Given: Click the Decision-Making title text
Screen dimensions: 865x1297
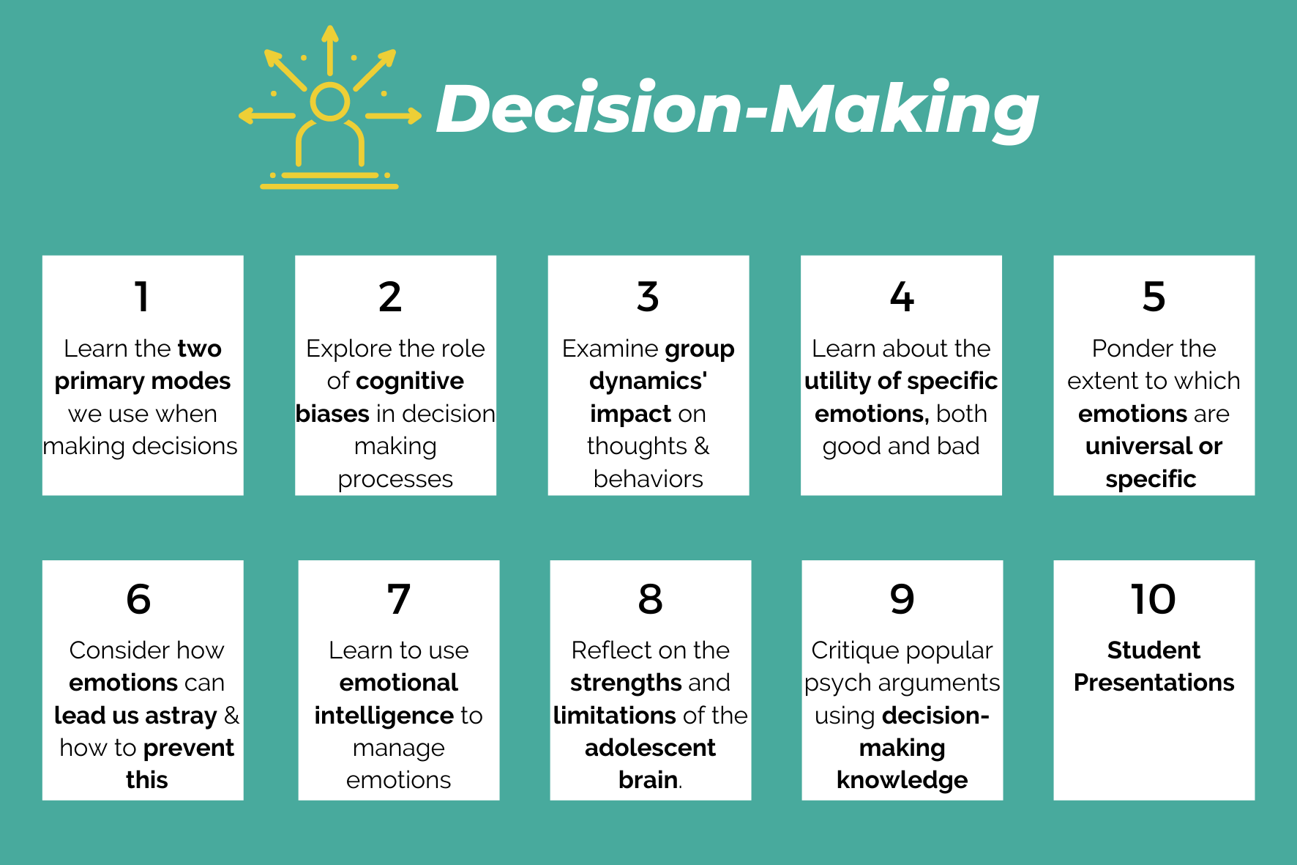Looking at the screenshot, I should coord(736,110).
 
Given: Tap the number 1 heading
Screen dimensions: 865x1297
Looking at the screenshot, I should coord(142,297).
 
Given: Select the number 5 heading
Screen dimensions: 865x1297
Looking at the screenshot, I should coord(1154,297).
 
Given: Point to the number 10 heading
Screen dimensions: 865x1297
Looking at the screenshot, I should coord(1154,599).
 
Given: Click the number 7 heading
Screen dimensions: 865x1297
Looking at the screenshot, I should coord(399,599).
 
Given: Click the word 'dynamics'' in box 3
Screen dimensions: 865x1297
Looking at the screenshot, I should coord(648,381).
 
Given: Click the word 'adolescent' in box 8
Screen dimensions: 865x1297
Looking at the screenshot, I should coord(650,748).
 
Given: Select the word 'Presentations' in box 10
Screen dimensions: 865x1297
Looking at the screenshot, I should coord(1154,683).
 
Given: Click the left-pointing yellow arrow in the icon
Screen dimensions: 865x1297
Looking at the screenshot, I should coord(265,115).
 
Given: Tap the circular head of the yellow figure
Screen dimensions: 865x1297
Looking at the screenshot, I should coord(329,102).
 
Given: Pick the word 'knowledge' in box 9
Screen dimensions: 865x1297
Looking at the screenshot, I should coord(902,780).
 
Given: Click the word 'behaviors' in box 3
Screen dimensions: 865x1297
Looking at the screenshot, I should coord(648,479).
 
